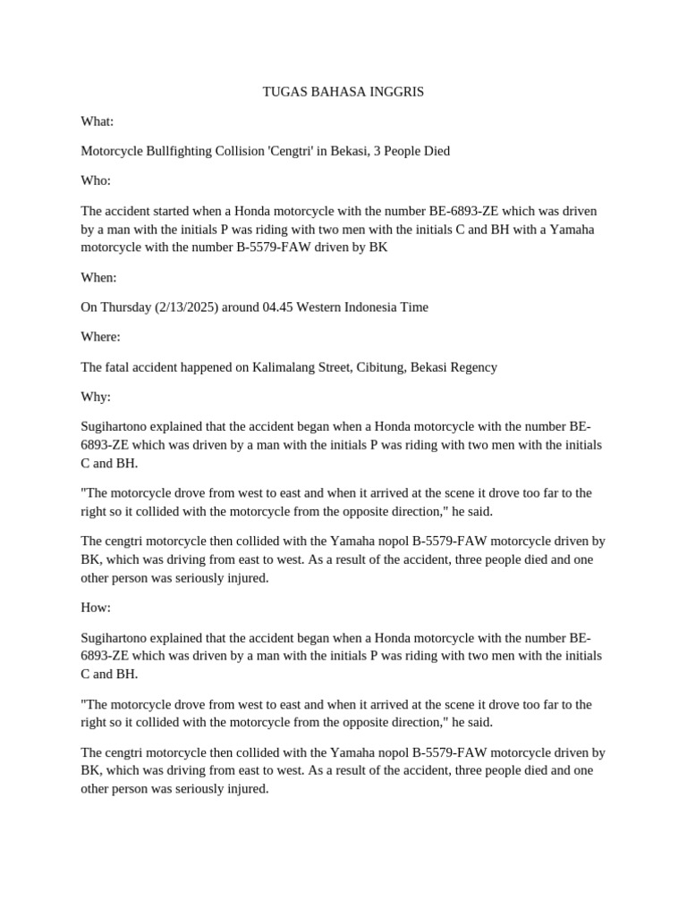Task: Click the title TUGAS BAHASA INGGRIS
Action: click(343, 92)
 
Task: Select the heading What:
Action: click(98, 122)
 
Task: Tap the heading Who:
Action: click(96, 181)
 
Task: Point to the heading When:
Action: click(99, 278)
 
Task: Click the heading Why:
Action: click(96, 397)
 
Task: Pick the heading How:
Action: click(96, 608)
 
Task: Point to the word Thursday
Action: click(125, 307)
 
